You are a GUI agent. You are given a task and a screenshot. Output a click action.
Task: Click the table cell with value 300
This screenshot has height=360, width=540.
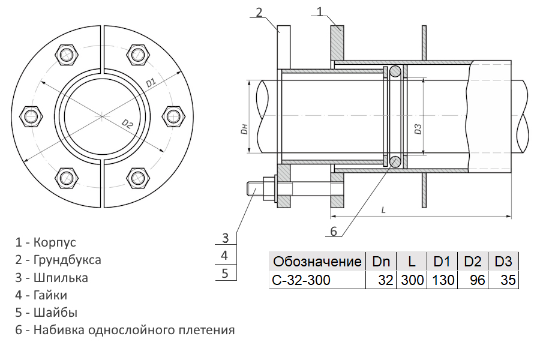[412, 280]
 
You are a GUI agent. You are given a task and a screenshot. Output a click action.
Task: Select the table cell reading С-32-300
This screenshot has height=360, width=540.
[317, 280]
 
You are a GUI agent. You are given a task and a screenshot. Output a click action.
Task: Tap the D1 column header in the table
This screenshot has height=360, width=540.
[442, 262]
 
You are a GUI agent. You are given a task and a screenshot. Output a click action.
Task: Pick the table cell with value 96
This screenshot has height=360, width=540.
[473, 280]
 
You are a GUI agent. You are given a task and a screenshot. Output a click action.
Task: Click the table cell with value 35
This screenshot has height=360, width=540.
[503, 280]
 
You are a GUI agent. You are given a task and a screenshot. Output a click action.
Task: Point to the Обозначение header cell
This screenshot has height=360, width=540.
[317, 262]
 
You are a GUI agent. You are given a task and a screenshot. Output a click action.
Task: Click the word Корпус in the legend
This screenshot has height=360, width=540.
[55, 242]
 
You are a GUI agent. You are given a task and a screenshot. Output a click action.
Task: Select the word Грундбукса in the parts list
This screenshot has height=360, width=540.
[67, 260]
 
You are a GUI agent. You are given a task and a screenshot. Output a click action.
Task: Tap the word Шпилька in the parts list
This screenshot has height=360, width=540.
[61, 278]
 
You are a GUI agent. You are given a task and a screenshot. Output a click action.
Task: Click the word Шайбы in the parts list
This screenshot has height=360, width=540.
[55, 313]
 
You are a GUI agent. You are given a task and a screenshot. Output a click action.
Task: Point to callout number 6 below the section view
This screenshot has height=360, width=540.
[334, 231]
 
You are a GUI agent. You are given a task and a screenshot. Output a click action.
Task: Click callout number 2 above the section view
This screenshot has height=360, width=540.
[259, 13]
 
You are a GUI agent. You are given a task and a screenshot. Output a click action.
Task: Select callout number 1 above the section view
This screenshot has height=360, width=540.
[320, 11]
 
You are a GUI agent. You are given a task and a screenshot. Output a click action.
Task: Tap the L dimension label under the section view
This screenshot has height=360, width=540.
[383, 210]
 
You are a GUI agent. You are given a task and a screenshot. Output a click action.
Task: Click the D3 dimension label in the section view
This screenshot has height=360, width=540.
[418, 129]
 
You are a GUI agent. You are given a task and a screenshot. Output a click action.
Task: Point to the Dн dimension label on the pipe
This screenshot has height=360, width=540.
[245, 129]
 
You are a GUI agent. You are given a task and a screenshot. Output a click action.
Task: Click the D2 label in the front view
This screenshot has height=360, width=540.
[127, 124]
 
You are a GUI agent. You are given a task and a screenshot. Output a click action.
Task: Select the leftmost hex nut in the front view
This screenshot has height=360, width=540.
[31, 116]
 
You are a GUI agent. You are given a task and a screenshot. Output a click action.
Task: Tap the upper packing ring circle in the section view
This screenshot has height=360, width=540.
[395, 71]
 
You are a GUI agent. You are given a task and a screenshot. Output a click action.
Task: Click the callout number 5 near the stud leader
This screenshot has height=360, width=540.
[225, 274]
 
